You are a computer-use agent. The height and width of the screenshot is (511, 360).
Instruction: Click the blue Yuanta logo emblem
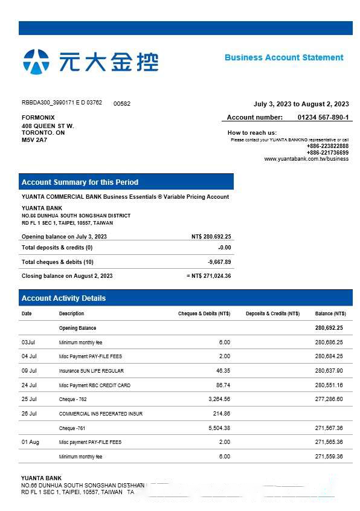tap(36, 62)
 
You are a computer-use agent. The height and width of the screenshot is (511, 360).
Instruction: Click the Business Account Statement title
tap(284, 57)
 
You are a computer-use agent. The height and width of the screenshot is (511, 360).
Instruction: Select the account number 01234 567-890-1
tap(323, 117)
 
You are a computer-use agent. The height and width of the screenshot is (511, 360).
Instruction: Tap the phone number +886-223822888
tap(327, 146)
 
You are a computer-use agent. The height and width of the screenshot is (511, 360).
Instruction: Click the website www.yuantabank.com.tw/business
tap(306, 159)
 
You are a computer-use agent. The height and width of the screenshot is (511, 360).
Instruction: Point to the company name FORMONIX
tap(38, 117)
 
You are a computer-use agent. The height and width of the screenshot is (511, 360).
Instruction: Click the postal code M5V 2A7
tap(34, 140)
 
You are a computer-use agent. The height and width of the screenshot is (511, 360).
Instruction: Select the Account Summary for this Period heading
tap(80, 182)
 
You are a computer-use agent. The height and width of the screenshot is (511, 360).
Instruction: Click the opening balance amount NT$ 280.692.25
tap(211, 237)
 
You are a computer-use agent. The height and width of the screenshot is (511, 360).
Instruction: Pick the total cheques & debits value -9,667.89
tap(219, 262)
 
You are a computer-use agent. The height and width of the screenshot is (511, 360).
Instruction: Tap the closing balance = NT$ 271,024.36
tap(209, 276)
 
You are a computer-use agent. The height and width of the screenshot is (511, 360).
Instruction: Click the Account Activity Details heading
tap(63, 298)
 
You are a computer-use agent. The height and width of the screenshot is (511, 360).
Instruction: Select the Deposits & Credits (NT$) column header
tap(272, 313)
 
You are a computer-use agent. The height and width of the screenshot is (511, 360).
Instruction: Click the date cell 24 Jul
tap(29, 385)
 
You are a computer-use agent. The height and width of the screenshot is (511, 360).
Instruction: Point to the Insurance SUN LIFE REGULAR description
tap(91, 371)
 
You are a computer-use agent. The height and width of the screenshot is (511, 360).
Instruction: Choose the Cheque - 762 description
tap(73, 399)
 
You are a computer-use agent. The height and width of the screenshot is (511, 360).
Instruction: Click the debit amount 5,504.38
tap(217, 428)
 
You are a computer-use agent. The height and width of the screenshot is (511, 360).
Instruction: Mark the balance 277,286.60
tap(329, 399)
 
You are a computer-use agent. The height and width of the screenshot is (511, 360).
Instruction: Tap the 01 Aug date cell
tap(30, 442)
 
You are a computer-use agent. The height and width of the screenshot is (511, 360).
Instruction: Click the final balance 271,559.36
tap(329, 456)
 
